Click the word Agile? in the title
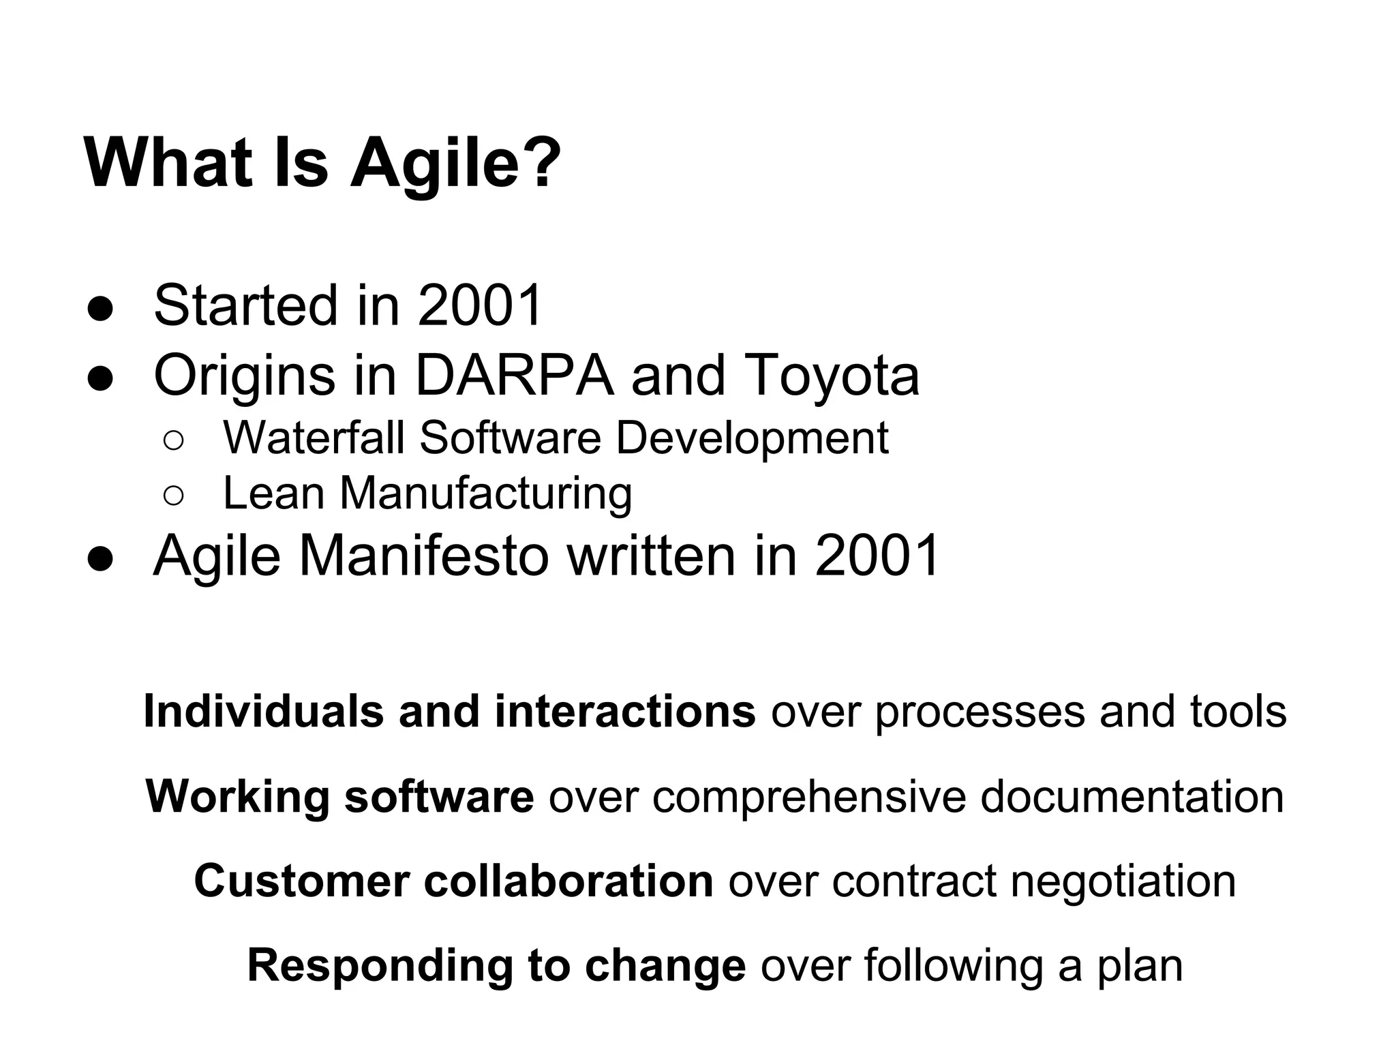click(455, 164)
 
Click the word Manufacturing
click(486, 494)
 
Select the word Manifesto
click(424, 556)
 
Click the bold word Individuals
click(263, 711)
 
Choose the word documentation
click(1132, 796)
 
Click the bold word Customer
click(301, 881)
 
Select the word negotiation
click(1123, 881)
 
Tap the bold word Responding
click(380, 966)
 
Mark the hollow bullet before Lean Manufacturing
click(173, 496)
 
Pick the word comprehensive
click(808, 796)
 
